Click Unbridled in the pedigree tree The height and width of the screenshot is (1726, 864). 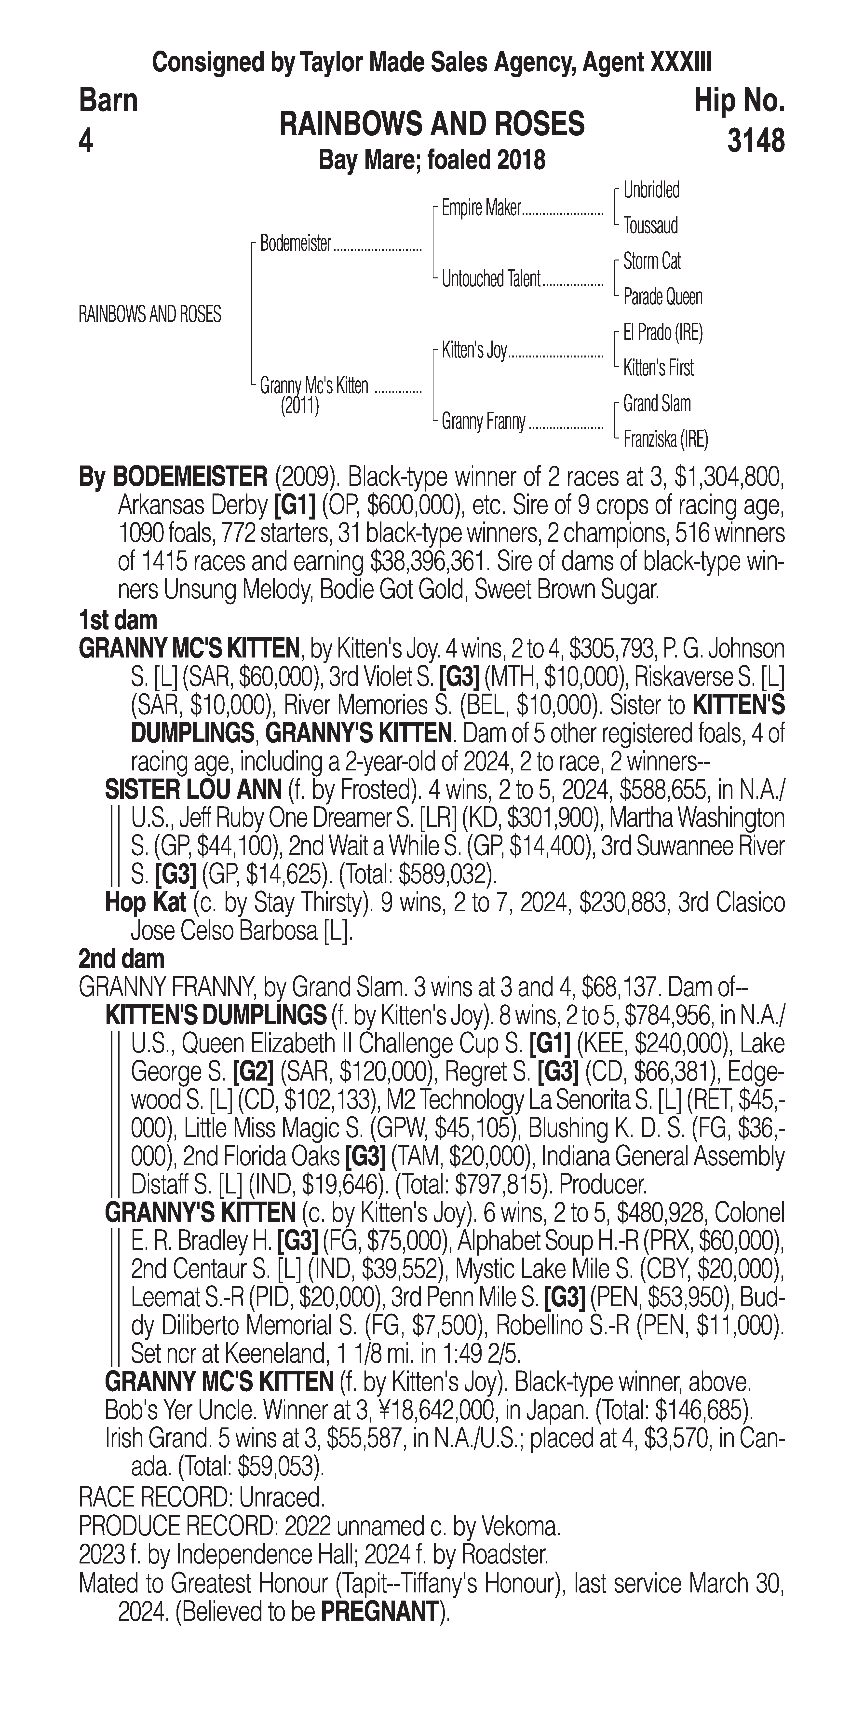651,190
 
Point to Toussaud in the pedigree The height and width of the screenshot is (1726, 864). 650,226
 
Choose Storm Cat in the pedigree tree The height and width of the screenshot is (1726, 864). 652,261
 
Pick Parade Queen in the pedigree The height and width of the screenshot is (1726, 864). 662,297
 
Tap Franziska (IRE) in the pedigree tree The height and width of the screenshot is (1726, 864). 665,439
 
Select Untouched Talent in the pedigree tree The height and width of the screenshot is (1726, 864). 490,279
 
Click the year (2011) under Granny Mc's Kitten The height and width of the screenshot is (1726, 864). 299,406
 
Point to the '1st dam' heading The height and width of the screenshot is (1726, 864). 118,620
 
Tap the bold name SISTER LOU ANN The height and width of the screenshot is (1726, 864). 193,790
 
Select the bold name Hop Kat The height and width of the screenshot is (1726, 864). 145,903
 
